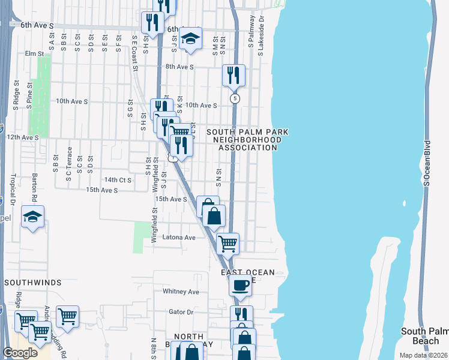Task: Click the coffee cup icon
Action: (x=241, y=285)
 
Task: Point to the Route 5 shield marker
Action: (x=235, y=98)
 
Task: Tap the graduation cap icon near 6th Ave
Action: (x=191, y=38)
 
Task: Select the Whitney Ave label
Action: (x=181, y=292)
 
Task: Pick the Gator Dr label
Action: (x=181, y=312)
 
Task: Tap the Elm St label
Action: (x=35, y=53)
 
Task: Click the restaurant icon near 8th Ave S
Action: (x=233, y=75)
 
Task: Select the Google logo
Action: (x=20, y=353)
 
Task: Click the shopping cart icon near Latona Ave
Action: (x=228, y=244)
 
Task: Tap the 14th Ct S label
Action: (x=118, y=179)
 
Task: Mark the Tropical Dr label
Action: (x=12, y=189)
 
